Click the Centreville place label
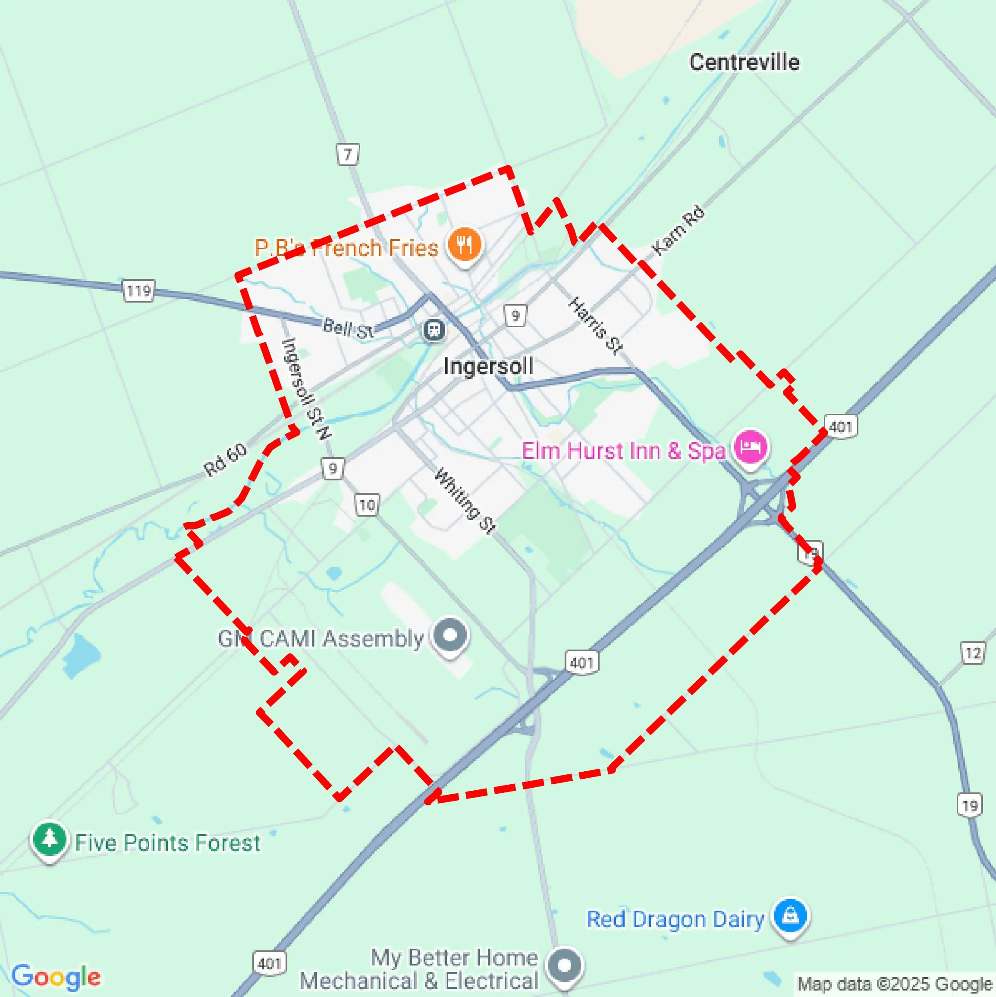[x=744, y=63]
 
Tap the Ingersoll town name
[x=488, y=366]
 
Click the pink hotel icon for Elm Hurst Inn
[x=751, y=447]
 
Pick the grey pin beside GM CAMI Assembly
[x=450, y=635]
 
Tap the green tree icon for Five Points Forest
[x=50, y=839]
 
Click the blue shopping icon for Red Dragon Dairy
[x=790, y=916]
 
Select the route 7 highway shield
[x=348, y=154]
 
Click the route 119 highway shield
[x=138, y=291]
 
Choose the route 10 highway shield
[x=367, y=504]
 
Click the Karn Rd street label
[x=678, y=230]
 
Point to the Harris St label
[x=596, y=325]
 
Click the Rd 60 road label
[x=226, y=459]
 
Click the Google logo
[x=56, y=977]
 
